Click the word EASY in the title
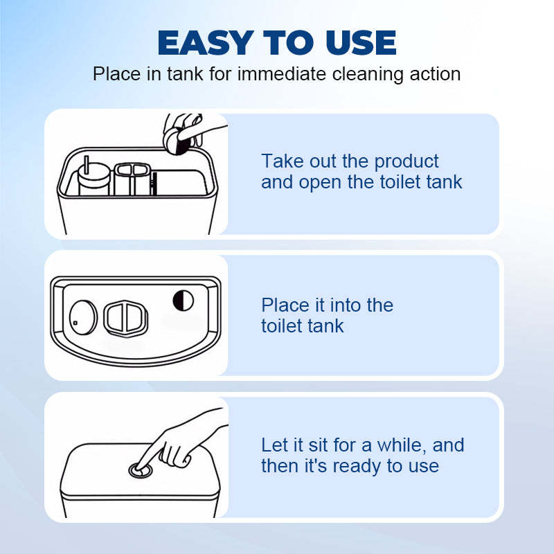206,43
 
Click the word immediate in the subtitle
282,74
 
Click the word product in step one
406,162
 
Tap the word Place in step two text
285,305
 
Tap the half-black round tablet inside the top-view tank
183,301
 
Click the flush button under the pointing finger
141,470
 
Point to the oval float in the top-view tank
83,317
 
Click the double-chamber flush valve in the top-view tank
126,319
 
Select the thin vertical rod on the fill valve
86,165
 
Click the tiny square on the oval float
75,323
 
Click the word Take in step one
283,161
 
